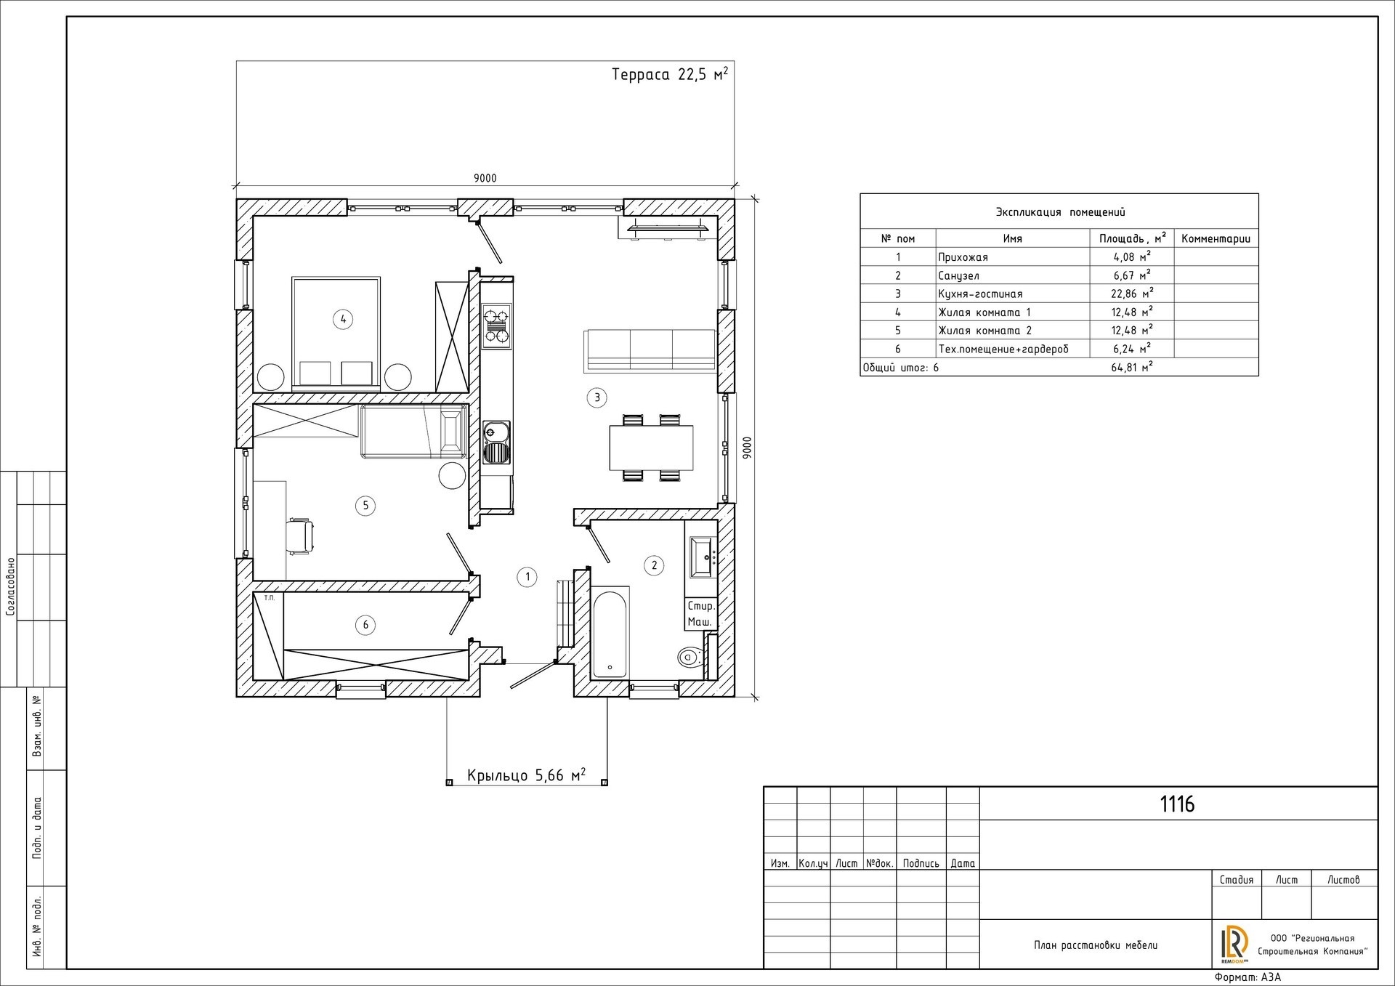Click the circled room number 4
point(342,318)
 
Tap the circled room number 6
point(365,624)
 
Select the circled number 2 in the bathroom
point(654,565)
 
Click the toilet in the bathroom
point(689,658)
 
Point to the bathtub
point(611,634)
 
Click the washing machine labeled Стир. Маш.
point(702,613)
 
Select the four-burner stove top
point(497,326)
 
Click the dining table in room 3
point(651,448)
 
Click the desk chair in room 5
point(302,536)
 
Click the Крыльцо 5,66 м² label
point(527,775)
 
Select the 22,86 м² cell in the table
point(1132,294)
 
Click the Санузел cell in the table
point(958,275)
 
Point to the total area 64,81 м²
point(1132,367)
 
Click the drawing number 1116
point(1177,804)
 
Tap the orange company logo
point(1234,942)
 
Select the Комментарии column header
point(1216,238)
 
